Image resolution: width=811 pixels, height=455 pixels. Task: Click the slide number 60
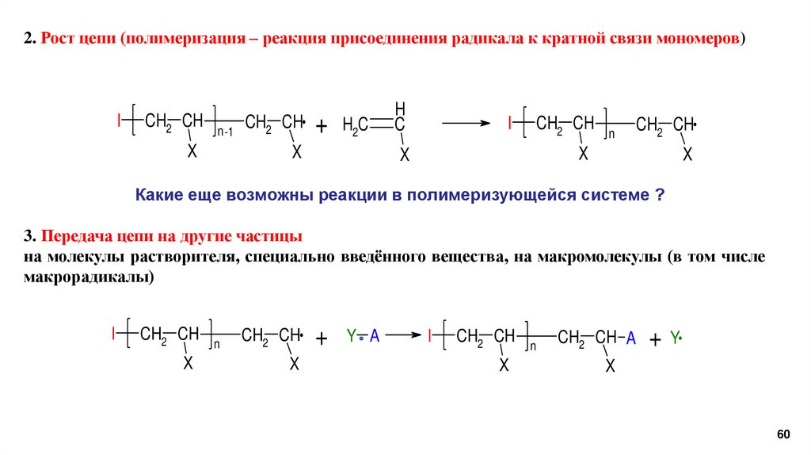[x=783, y=434]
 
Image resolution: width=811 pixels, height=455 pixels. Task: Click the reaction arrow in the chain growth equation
[x=466, y=123]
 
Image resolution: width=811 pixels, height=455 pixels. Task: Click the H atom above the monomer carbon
[x=400, y=108]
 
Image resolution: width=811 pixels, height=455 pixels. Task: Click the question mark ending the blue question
[x=659, y=195]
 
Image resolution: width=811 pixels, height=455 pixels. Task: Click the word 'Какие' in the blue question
[x=161, y=195]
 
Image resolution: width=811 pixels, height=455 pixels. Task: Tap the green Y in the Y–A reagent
[x=351, y=337]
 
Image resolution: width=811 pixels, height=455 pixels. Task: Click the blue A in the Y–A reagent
[x=375, y=337]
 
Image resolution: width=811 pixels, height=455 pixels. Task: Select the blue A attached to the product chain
[x=631, y=338]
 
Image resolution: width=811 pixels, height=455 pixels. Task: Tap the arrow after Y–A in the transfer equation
[x=403, y=336]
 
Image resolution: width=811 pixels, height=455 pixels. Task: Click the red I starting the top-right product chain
[x=511, y=123]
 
